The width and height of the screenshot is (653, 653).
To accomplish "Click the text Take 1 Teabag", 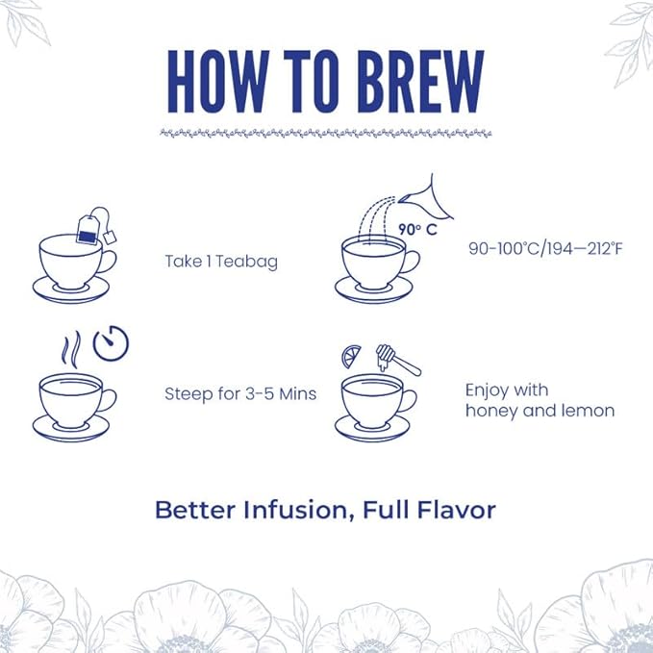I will coord(221,261).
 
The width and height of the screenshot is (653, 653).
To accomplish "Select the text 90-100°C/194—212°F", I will coord(546,248).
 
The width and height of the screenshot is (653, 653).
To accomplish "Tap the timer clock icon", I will coord(110,341).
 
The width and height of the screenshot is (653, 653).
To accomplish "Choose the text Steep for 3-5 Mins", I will coord(240,393).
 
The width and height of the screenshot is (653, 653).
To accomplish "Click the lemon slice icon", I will coord(351,358).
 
